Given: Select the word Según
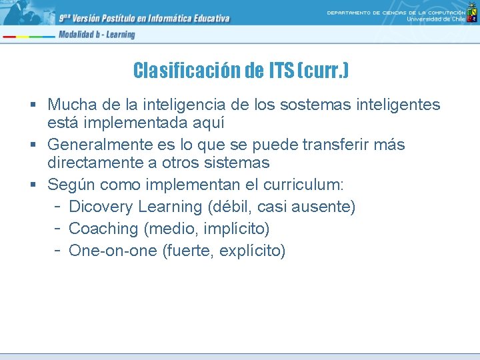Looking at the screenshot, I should pyautogui.click(x=70, y=185).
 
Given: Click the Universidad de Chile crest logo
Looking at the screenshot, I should pyautogui.click(x=472, y=18).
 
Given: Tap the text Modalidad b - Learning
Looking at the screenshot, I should pyautogui.click(x=96, y=35).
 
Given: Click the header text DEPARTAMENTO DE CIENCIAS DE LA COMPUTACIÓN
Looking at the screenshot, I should pyautogui.click(x=396, y=13).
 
